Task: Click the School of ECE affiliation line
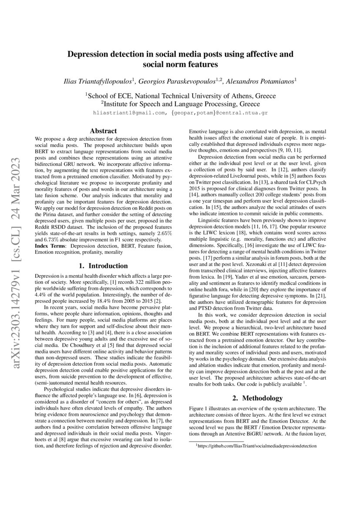point(180,96)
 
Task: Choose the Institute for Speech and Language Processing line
point(180,104)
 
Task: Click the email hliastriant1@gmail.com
point(130,113)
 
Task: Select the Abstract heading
point(103,131)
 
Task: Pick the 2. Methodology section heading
point(256,398)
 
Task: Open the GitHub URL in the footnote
point(257,446)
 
